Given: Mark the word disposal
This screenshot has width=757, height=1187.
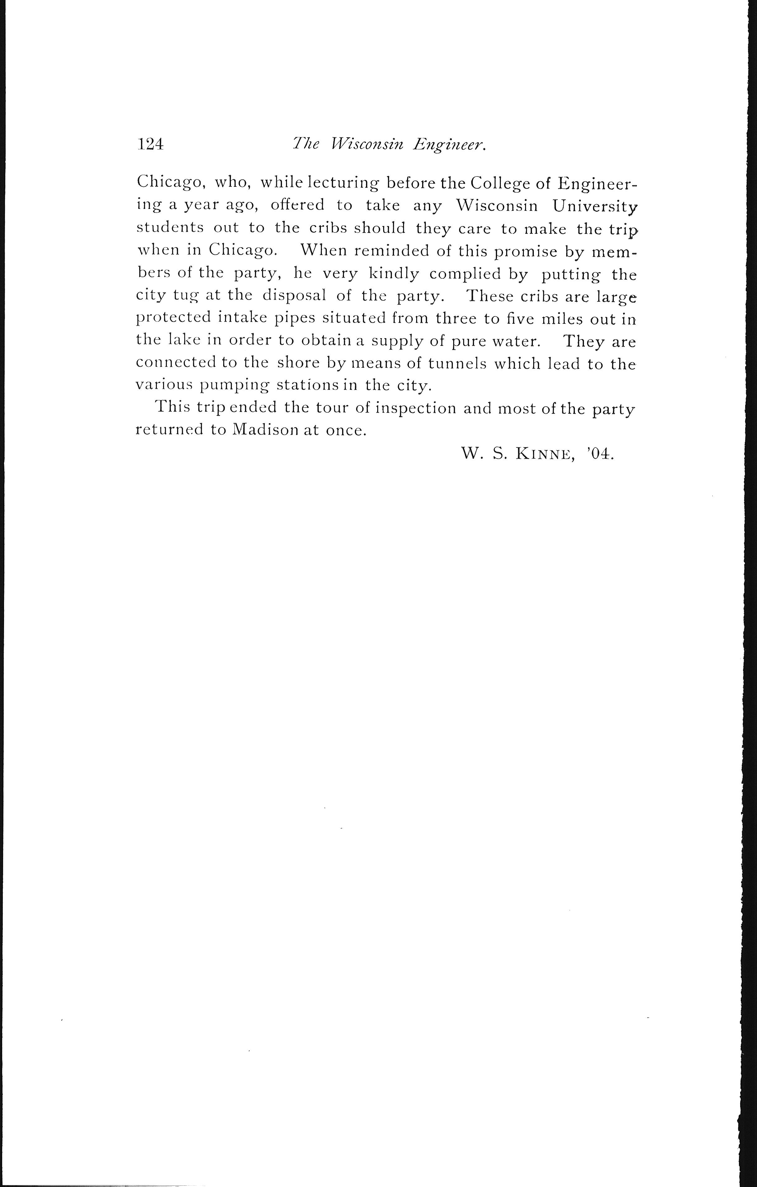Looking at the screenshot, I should (294, 296).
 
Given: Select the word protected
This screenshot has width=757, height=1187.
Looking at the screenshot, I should (172, 319).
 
